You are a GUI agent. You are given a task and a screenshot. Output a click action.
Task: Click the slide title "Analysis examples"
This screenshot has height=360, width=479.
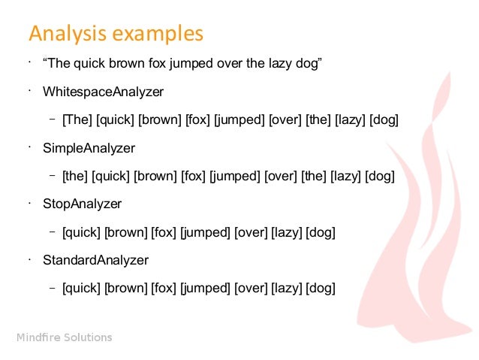coord(115,34)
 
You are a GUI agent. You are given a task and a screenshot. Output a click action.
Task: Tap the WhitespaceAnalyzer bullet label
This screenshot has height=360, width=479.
coord(103,92)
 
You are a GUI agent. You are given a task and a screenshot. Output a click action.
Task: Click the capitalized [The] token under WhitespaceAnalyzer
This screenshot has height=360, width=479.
coord(77,119)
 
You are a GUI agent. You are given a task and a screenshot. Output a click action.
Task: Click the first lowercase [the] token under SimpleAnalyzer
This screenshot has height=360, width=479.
coord(75,176)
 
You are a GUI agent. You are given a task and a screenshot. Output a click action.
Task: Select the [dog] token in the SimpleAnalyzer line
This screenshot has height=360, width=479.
coord(380,176)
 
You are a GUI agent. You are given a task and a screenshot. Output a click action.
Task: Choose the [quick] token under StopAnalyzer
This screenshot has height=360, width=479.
coord(82,232)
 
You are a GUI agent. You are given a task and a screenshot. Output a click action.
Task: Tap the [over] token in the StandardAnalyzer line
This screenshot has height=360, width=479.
coord(251,288)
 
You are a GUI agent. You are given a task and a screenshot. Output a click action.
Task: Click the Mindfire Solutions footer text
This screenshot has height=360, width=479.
coord(65,337)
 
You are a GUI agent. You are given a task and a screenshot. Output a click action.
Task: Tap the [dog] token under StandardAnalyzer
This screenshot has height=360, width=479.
coord(321,288)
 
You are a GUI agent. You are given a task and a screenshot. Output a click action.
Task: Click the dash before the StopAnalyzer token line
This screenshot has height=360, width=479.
coord(53,231)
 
